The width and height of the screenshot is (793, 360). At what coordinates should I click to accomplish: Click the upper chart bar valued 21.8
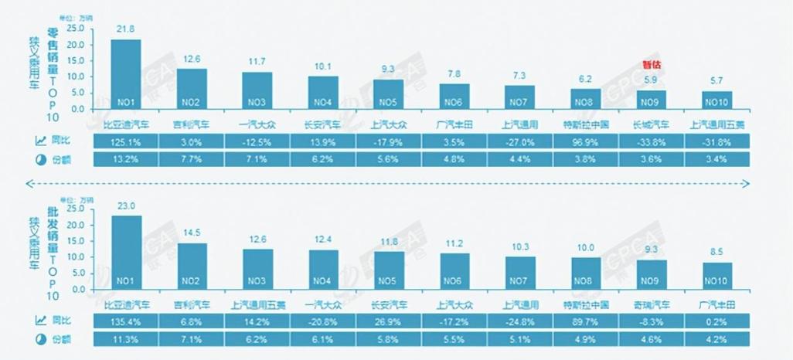point(126,74)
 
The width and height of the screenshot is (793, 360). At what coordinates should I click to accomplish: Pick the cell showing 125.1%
point(126,141)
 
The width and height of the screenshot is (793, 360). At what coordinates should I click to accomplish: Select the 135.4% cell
point(126,321)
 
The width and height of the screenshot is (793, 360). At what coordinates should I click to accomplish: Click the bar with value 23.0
point(126,252)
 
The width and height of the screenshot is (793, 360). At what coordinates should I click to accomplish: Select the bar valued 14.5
point(192,266)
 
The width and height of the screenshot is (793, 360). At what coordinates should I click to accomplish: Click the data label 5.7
point(717,80)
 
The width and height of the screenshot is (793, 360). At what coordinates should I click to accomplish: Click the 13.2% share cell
point(126,159)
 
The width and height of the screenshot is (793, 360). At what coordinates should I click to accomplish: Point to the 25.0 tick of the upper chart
point(75,29)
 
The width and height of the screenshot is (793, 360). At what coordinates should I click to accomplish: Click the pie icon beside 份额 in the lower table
point(39,339)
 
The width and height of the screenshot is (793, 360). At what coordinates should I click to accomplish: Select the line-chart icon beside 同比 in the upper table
point(39,141)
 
